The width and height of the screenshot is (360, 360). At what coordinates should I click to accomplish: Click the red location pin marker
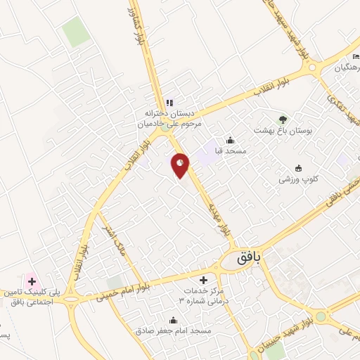(180, 165)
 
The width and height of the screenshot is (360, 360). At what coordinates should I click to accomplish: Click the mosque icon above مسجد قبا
(231, 140)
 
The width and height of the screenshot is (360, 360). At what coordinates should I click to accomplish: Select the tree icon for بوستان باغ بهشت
(283, 119)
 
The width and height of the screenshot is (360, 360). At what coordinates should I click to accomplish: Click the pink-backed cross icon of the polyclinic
(31, 280)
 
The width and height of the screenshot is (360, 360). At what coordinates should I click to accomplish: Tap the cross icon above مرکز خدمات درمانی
(203, 280)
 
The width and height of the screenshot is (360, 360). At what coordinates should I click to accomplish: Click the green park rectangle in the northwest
(76, 31)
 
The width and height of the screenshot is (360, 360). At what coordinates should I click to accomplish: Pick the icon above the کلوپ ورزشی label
(298, 167)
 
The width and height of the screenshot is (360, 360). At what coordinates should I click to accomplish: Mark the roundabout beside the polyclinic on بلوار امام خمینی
(71, 304)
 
